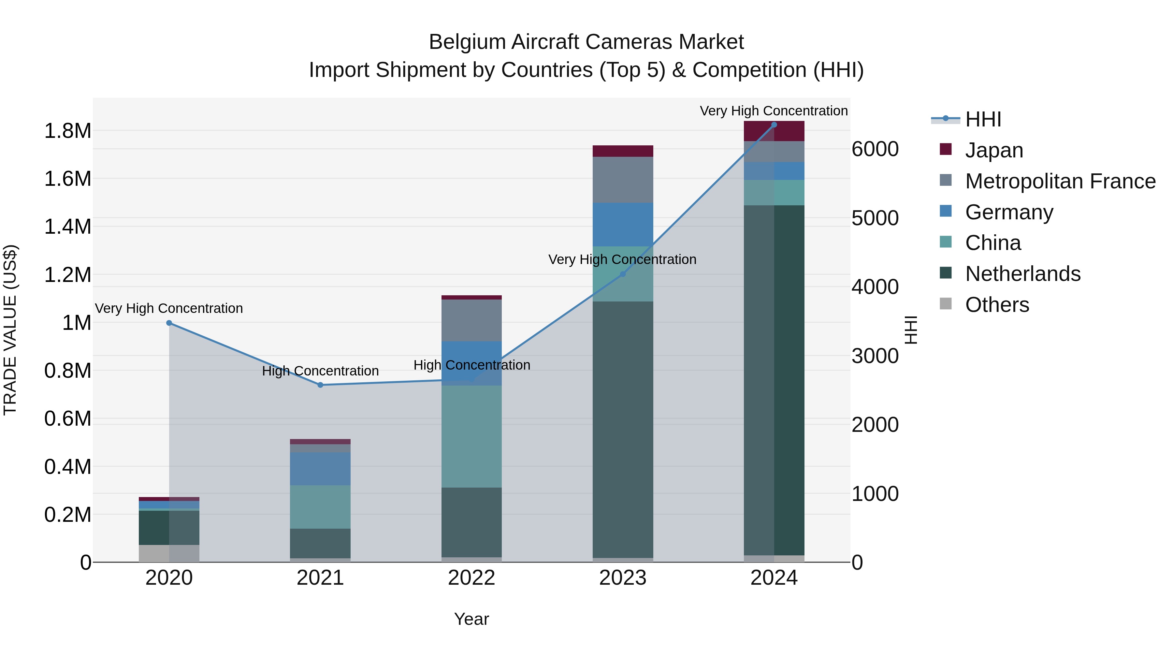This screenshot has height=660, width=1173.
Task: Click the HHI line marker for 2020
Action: click(x=169, y=323)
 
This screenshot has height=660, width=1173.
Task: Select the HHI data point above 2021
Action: click(x=320, y=385)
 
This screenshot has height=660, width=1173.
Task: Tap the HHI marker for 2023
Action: click(x=623, y=274)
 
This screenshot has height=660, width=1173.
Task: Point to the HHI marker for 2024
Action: click(x=774, y=125)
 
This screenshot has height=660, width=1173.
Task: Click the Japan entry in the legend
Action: click(x=994, y=150)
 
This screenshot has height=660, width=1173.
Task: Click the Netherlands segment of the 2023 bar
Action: click(x=623, y=428)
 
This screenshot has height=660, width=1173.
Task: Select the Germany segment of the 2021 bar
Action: click(x=320, y=469)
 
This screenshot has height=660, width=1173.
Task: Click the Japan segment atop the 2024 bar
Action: click(x=774, y=131)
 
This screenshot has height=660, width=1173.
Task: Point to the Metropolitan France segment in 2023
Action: click(x=623, y=180)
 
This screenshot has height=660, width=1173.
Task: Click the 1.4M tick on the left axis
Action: click(x=67, y=227)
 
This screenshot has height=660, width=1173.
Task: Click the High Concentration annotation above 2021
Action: click(x=320, y=371)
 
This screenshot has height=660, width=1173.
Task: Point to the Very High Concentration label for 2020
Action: click(x=169, y=308)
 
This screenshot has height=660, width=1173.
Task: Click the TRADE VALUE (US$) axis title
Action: click(x=10, y=330)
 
